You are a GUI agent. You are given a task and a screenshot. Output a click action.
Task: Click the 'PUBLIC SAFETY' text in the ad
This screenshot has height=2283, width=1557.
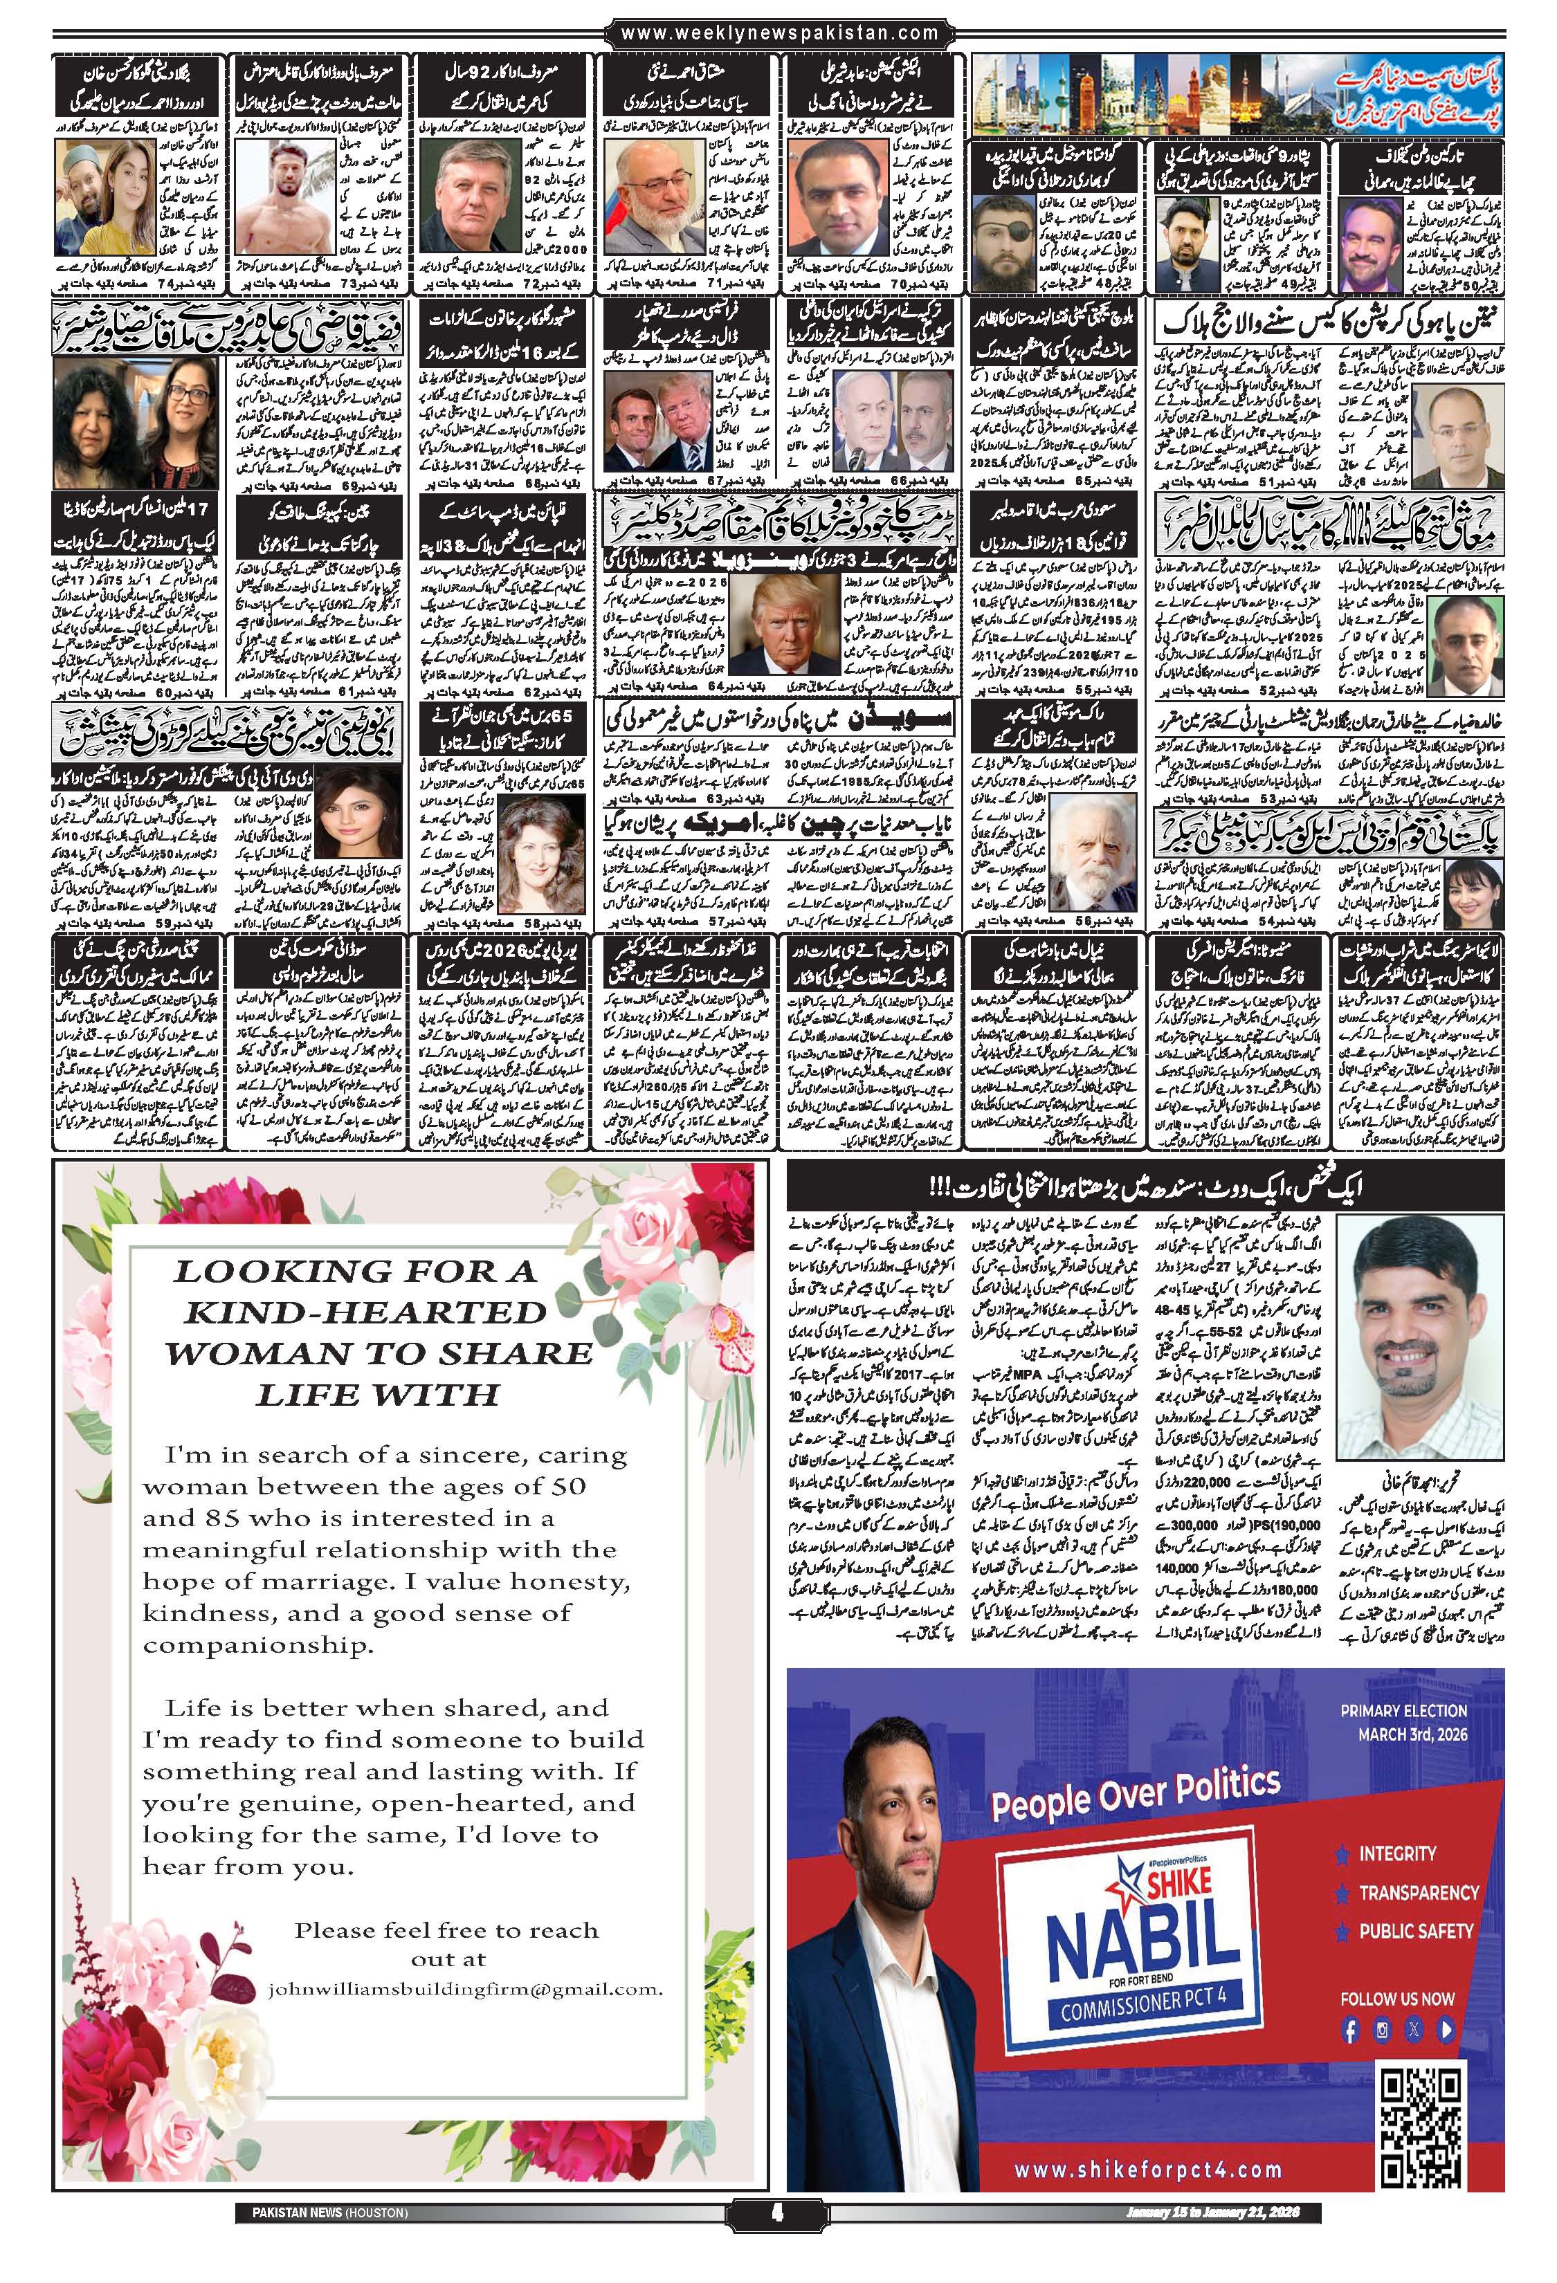[1416, 1929]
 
